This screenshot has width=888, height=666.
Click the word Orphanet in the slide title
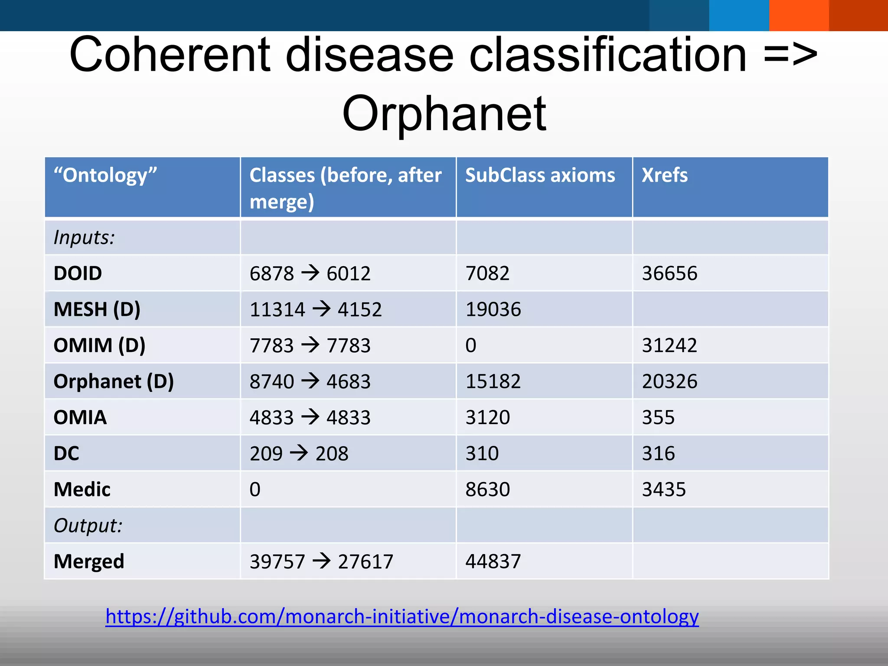tap(444, 114)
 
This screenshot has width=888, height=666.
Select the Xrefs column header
tap(664, 175)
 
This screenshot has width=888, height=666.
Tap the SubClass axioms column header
tap(540, 175)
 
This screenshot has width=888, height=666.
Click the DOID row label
tap(78, 274)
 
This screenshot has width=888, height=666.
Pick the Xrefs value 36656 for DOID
tap(669, 274)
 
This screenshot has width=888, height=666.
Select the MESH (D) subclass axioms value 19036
tap(493, 310)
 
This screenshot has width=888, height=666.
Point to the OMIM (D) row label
tap(99, 346)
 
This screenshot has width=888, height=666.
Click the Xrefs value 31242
tap(669, 346)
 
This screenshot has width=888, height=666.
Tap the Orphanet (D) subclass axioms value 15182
tap(493, 382)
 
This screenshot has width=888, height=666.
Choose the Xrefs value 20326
tap(669, 382)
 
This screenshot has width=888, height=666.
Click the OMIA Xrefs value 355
tap(658, 418)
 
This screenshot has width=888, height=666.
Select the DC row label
tap(66, 454)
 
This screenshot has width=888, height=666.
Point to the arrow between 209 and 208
tap(299, 453)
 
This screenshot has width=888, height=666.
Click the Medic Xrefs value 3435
tap(664, 490)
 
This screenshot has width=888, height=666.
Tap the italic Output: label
tap(88, 526)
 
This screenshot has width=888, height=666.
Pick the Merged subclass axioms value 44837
tap(493, 562)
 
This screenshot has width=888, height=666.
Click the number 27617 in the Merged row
tap(366, 562)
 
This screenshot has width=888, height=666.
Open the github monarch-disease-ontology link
tap(402, 616)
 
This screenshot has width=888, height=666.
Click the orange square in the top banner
tap(799, 15)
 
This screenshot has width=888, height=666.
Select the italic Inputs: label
tap(84, 238)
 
